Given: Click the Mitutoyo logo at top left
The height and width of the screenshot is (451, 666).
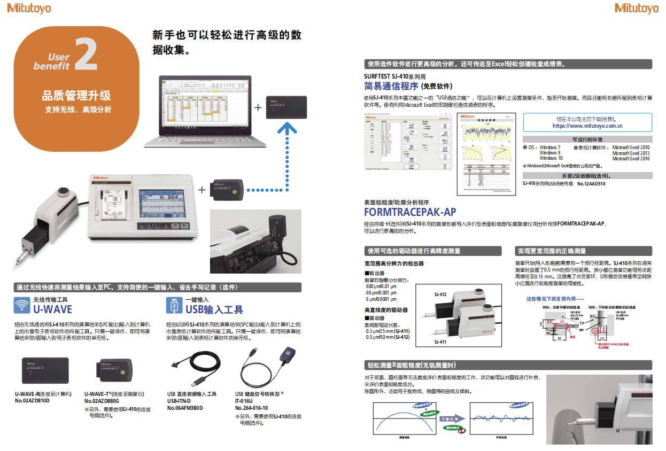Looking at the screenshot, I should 29,8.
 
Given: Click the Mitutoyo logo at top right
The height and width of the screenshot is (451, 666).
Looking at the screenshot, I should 637,8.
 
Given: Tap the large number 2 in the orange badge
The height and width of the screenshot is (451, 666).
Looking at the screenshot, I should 86,55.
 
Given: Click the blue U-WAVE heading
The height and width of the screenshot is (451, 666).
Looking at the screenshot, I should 52,309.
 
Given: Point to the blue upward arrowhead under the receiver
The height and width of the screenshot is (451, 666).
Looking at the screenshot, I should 288,127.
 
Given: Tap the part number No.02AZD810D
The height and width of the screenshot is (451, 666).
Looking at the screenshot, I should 32,400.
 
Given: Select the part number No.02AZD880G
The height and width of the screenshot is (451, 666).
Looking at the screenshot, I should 102,400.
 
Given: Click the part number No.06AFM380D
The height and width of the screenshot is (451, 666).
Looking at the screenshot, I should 185,408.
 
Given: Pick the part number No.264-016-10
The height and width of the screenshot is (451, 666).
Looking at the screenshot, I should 251,408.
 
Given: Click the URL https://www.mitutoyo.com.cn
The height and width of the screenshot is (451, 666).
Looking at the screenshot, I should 587,126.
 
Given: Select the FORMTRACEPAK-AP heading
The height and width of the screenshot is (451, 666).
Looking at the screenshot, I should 409,212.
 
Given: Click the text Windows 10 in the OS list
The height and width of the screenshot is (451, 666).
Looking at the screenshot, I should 551,158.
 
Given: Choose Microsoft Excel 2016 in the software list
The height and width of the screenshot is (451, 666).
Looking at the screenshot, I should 631,158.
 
